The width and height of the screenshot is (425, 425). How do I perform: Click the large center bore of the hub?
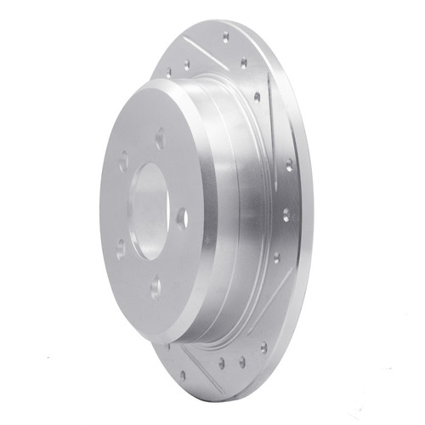click(150, 207)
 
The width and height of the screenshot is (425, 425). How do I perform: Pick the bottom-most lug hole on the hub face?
click(156, 290)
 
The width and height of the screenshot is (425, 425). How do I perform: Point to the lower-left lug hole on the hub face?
click(120, 247)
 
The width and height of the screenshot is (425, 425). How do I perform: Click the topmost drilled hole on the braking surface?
click(225, 37)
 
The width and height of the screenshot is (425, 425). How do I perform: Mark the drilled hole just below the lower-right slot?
click(263, 347)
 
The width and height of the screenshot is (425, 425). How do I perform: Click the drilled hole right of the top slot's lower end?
click(244, 62)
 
